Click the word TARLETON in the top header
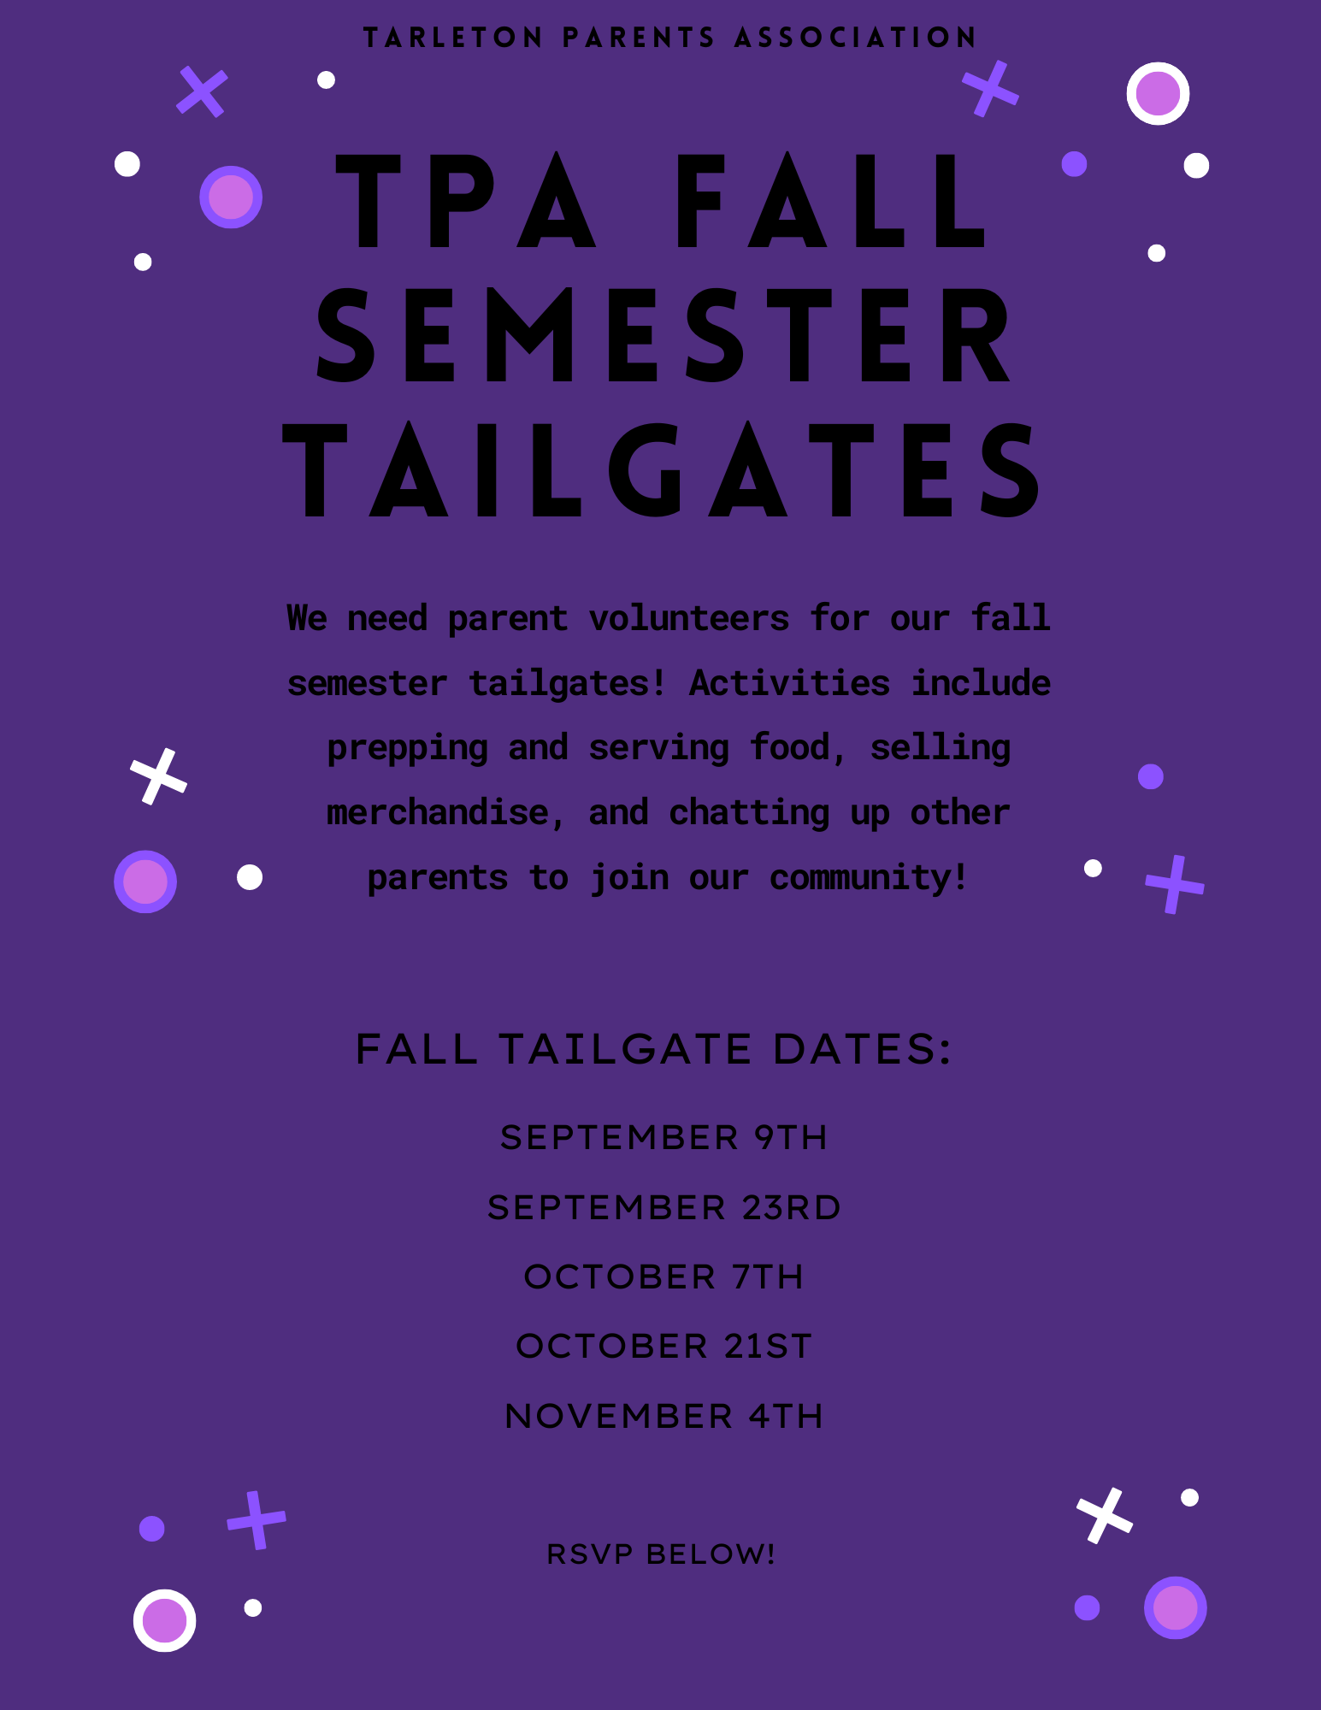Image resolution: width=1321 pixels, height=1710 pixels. click(x=452, y=38)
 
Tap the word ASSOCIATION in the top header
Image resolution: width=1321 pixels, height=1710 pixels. click(x=855, y=38)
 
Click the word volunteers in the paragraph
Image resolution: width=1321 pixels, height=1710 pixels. click(x=689, y=618)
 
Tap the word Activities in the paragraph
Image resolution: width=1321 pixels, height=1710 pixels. click(x=789, y=683)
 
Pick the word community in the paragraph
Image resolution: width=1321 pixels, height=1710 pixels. click(x=869, y=878)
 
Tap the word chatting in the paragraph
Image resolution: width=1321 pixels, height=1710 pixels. click(x=749, y=814)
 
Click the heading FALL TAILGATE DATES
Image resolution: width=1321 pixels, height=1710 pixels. click(x=654, y=1049)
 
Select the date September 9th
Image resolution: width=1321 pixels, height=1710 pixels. click(x=664, y=1138)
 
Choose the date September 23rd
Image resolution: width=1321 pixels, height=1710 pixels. click(x=664, y=1208)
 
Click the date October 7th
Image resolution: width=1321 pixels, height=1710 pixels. click(x=664, y=1277)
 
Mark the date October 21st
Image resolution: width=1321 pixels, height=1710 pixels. click(x=664, y=1347)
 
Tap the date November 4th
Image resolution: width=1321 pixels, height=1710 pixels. click(x=664, y=1417)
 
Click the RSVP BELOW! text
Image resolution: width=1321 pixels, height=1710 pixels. click(x=661, y=1554)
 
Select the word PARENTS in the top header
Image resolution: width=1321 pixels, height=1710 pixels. click(x=638, y=38)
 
